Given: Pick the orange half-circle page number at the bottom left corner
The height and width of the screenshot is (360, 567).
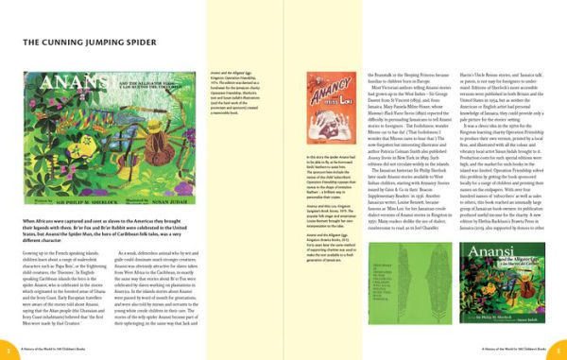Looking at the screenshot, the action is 5,352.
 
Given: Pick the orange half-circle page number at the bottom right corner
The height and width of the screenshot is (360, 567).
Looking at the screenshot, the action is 561,352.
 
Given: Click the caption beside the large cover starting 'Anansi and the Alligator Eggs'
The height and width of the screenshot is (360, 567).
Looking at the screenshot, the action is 235,91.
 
